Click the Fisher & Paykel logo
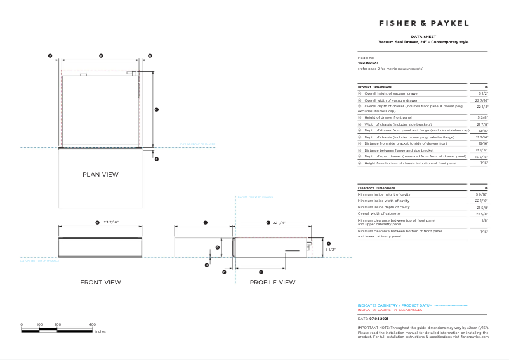pos(423,23)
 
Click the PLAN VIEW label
pos(100,174)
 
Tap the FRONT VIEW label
pos(100,282)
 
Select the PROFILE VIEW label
pos(272,282)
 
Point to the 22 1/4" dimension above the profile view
pos(279,223)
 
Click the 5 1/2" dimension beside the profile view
pos(330,250)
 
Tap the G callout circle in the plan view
pos(156,110)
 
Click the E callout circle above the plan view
pos(101,57)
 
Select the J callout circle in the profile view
pos(206,223)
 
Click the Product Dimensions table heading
pos(374,86)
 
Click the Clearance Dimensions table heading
pos(376,189)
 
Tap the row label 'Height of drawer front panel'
pos(387,118)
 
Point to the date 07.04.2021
pos(378,319)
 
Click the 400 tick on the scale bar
pos(93,324)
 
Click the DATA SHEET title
pos(423,37)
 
